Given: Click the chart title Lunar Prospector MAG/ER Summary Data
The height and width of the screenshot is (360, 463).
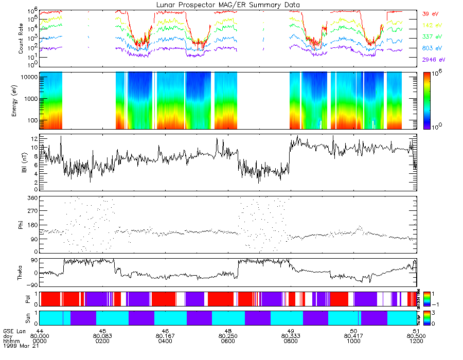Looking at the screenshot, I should tap(228, 5).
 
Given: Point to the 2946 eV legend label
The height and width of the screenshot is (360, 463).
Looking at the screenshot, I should tap(431, 60).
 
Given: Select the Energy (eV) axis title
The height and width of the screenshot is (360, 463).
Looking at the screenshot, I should tap(14, 100).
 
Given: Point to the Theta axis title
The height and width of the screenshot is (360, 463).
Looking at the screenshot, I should tap(21, 273).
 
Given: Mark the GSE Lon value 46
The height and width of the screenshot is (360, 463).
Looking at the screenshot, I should tap(165, 331).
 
